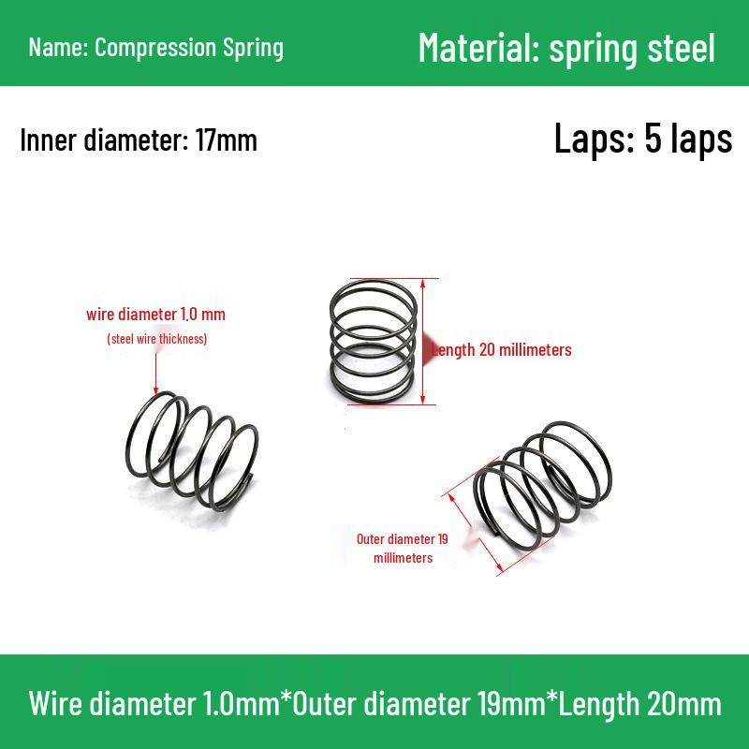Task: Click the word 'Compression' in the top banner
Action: coord(155,49)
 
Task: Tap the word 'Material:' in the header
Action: coord(478,48)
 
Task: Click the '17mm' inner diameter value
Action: coord(226,140)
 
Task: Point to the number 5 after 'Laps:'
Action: coord(654,139)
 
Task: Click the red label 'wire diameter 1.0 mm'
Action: coord(155,315)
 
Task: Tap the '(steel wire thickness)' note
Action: coord(157,339)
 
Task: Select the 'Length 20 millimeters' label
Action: coord(501,349)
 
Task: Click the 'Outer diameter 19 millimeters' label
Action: coord(403,548)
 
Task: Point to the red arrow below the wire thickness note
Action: coord(155,374)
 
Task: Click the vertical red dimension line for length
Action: coord(423,342)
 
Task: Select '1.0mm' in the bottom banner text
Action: coord(242,704)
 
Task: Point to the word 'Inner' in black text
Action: coord(49,140)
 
